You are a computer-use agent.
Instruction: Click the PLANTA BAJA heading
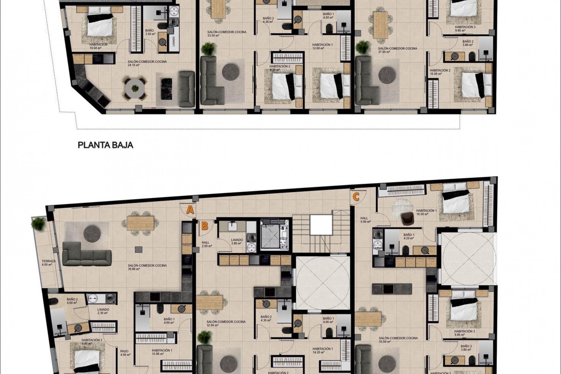pos(105,145)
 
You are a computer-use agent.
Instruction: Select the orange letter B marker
pos(205,226)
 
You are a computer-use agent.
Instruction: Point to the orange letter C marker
pos(356,197)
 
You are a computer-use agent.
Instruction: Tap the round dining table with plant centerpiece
pos(135,88)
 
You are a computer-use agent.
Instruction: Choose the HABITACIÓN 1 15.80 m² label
pos(162,352)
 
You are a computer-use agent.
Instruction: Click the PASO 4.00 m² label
pos(124,353)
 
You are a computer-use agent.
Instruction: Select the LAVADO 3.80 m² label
pos(237,241)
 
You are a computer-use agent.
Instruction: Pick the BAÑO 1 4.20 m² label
pos(408,236)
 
